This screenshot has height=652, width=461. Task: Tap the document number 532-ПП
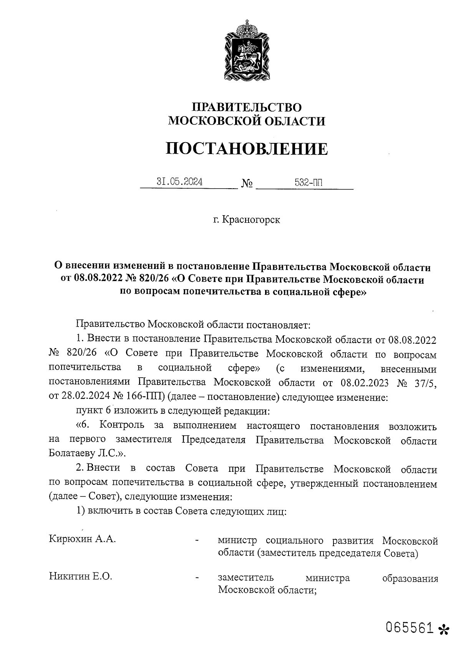pyautogui.click(x=308, y=182)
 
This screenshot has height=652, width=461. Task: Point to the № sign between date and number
pyautogui.click(x=247, y=184)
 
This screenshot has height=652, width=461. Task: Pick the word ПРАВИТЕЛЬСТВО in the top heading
pyautogui.click(x=247, y=107)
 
